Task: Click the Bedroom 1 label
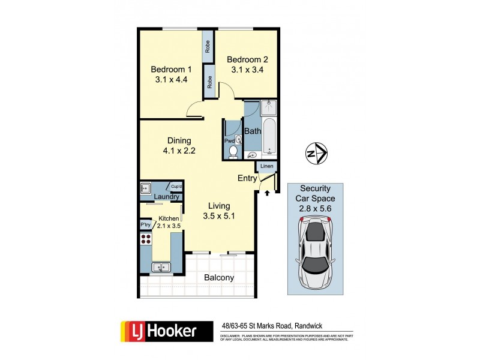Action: (x=169, y=68)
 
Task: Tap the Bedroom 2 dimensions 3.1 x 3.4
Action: (x=247, y=70)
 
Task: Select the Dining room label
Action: (x=179, y=141)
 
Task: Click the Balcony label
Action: (x=219, y=278)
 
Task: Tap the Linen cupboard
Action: (x=267, y=166)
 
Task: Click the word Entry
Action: (x=247, y=178)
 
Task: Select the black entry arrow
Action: (x=266, y=193)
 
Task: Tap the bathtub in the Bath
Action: (x=269, y=136)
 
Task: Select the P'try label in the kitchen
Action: (x=145, y=225)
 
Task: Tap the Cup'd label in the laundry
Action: (x=176, y=187)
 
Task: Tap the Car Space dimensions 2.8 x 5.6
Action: (x=314, y=208)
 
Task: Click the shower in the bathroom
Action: (x=269, y=107)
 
